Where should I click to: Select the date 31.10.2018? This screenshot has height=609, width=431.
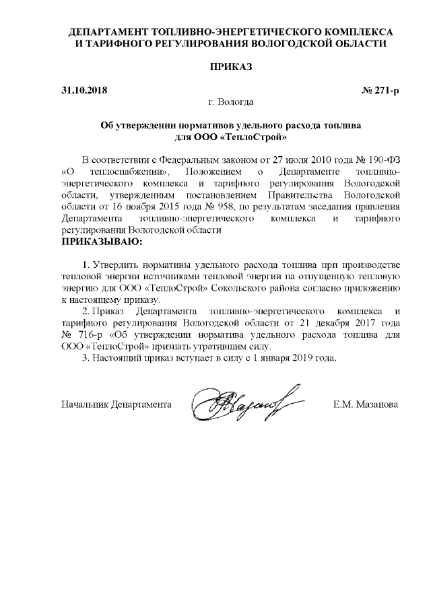84,90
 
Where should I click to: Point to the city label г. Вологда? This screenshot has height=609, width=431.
231,102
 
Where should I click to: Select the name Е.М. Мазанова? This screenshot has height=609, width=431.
365,404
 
